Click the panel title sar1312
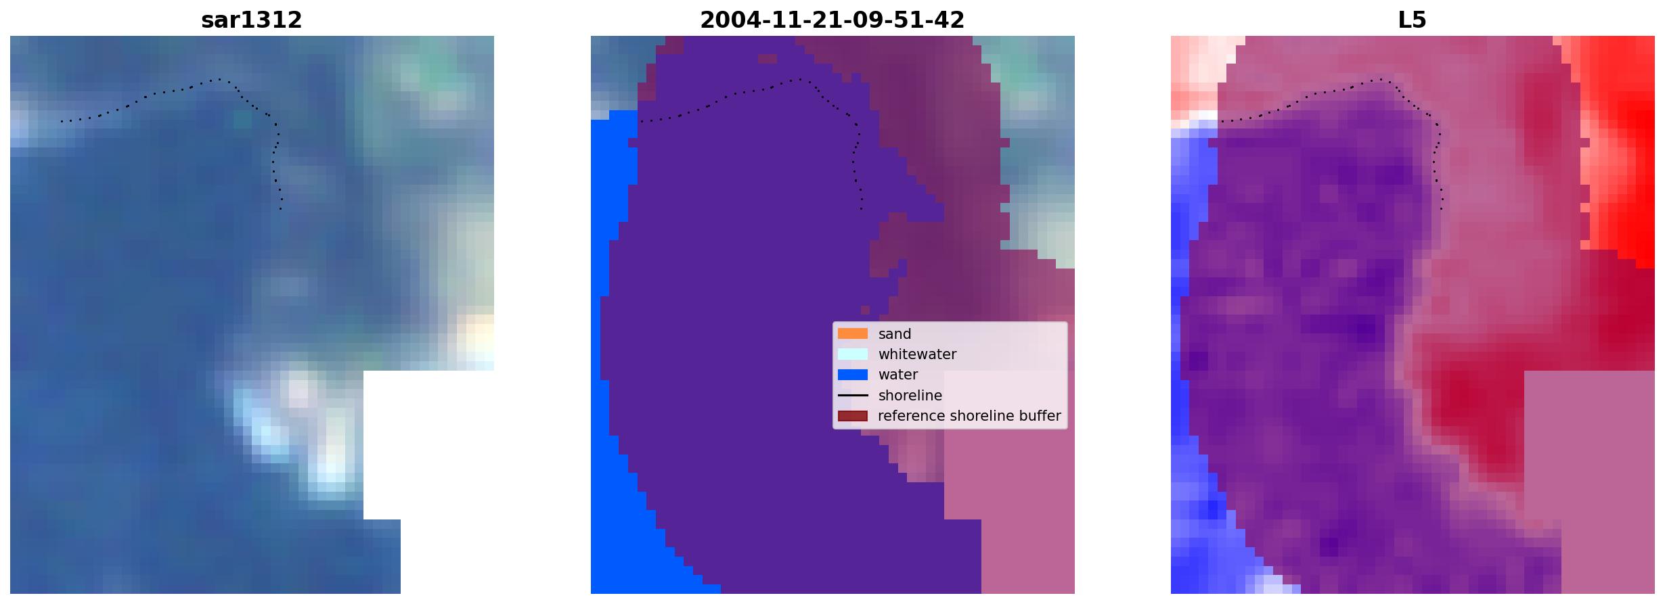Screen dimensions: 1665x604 coord(251,20)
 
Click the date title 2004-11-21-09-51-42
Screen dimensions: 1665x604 coord(832,20)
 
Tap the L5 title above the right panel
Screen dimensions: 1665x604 coord(1412,20)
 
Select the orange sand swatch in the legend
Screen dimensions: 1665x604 coord(852,333)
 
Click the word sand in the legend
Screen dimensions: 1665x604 coord(895,334)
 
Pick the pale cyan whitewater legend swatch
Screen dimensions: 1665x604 coord(852,354)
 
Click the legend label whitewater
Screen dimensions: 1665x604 coord(917,354)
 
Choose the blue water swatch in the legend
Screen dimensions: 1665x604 coord(852,374)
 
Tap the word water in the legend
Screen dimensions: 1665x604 coord(898,375)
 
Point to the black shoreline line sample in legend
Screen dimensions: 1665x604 coord(852,395)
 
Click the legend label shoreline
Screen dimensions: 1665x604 coord(910,396)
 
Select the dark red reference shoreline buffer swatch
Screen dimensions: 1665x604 coord(852,415)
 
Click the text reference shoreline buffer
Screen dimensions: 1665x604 coord(969,416)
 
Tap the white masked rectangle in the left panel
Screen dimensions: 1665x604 coord(428,446)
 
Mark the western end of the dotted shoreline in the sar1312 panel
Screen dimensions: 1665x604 coord(62,122)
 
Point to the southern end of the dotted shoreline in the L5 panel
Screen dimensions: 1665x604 coord(1442,209)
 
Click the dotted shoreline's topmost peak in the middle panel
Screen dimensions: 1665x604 coord(799,79)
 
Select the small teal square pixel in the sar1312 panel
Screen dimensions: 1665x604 coord(242,119)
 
